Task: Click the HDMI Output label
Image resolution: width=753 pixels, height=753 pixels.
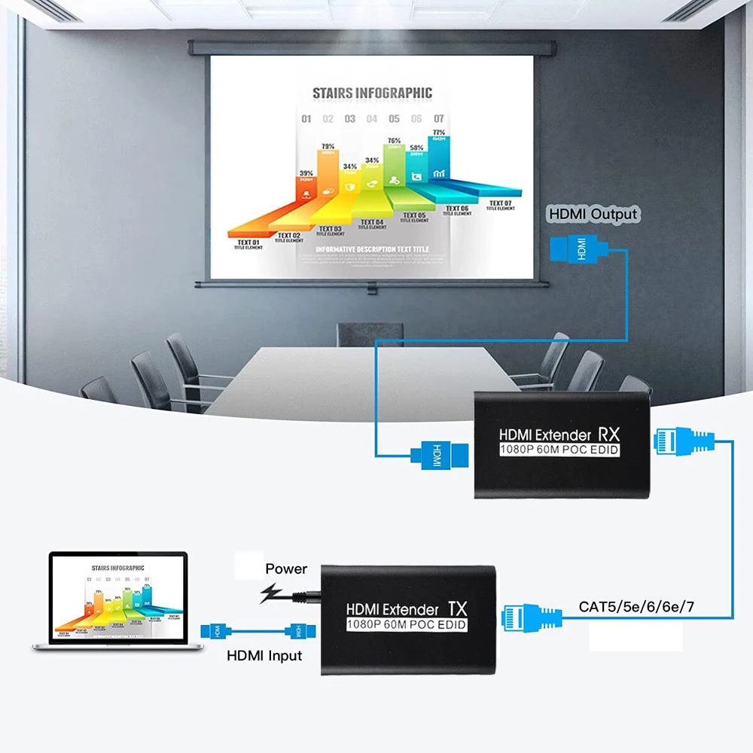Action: coord(593,215)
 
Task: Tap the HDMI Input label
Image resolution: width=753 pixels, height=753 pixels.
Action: coord(264,656)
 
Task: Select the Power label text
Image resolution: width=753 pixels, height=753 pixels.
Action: coord(286,569)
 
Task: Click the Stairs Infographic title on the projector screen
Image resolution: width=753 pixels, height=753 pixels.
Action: coord(372,93)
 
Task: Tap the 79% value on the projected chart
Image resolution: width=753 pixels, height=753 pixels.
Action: coord(328,147)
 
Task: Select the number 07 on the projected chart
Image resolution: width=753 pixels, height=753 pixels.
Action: coord(438,119)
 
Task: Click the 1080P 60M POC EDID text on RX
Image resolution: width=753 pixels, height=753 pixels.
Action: coord(559,450)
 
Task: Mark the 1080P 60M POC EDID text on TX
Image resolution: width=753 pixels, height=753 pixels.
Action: coord(407,624)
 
